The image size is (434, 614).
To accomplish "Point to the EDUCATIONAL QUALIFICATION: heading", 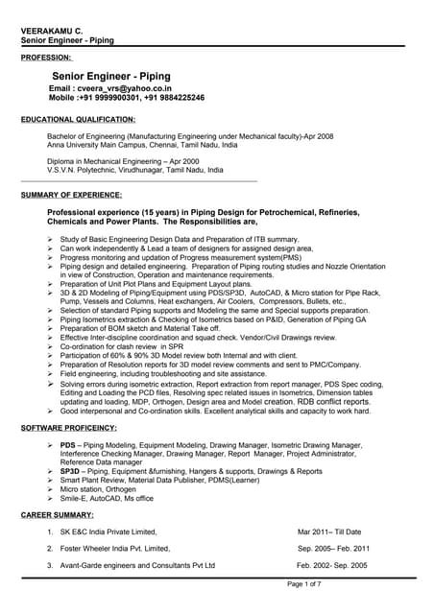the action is pyautogui.click(x=78, y=119).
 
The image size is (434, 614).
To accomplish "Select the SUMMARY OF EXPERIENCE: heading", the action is pyautogui.click(x=72, y=195).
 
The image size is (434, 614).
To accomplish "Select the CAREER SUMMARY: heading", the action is pyautogui.click(x=58, y=515).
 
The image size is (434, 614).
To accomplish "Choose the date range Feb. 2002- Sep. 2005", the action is pyautogui.click(x=332, y=565).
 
